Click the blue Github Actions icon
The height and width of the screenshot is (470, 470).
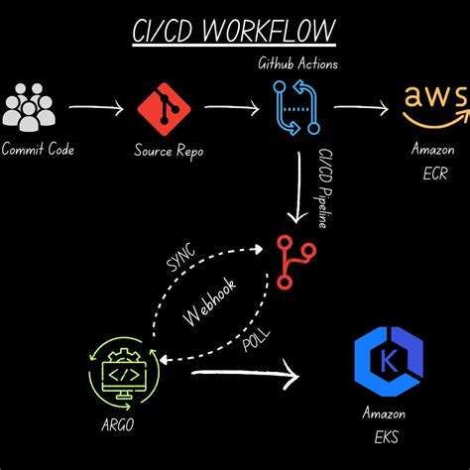(x=294, y=107)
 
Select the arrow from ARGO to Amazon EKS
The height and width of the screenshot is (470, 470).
(x=243, y=375)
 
